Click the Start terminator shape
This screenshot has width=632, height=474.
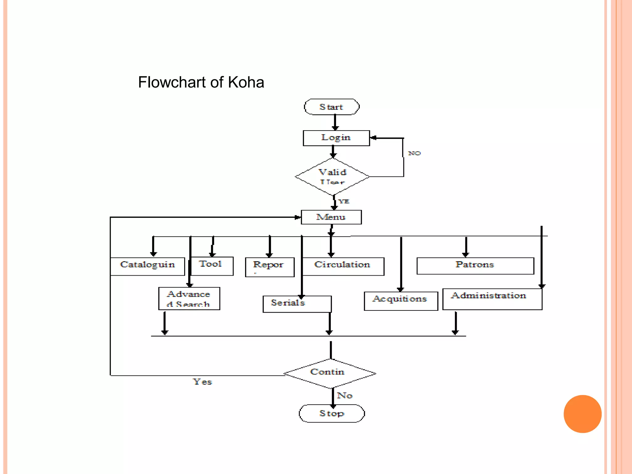(331, 107)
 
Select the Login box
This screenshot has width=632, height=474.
(336, 138)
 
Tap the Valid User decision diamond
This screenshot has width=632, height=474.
(332, 177)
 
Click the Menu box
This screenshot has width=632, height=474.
(331, 217)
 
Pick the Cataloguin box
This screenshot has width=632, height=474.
(148, 266)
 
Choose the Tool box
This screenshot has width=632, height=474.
(212, 266)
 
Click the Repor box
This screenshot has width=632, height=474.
(269, 267)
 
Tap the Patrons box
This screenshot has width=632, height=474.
(475, 265)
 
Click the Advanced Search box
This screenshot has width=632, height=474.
(189, 298)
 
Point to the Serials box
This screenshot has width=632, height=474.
(297, 304)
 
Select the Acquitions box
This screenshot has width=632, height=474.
(401, 301)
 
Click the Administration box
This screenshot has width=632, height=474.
(492, 299)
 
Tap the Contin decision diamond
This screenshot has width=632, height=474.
(329, 373)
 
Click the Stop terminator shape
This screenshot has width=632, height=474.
(332, 413)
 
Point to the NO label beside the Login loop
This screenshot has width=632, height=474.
(414, 153)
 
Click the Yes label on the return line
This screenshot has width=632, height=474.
(202, 382)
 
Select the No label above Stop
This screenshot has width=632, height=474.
(344, 395)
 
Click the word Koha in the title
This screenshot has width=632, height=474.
(246, 82)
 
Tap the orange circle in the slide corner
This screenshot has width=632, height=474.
(582, 414)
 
